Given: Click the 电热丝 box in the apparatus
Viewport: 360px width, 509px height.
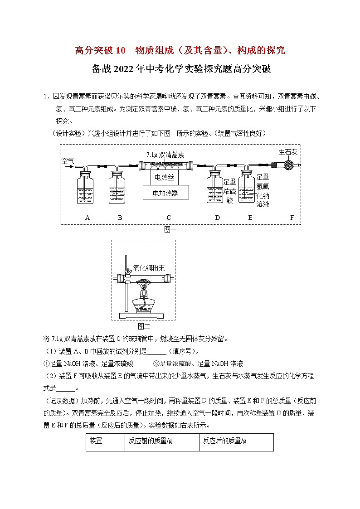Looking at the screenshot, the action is [165, 177].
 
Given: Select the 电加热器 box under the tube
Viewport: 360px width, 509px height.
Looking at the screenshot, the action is [165, 193].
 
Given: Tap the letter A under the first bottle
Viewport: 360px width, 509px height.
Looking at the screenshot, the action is [88, 218].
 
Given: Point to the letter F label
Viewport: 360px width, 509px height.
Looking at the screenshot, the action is [292, 218].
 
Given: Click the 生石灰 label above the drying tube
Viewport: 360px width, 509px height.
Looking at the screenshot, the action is [288, 152].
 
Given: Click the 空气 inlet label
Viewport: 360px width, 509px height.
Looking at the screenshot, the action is [68, 160].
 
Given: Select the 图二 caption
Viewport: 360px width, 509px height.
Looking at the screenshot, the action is [144, 325].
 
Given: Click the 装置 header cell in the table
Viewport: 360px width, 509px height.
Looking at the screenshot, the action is [105, 441].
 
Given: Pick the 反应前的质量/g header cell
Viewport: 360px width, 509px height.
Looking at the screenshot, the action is [162, 441].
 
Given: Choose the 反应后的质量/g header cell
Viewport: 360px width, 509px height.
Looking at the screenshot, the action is [236, 441].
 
